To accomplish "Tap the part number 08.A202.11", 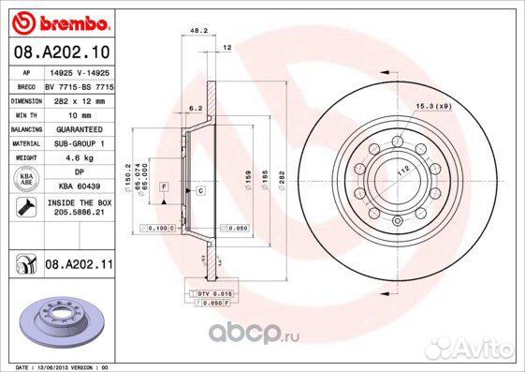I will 79,266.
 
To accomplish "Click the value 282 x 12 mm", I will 74,98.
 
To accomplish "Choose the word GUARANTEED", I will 80,128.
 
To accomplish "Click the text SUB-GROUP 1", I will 78,143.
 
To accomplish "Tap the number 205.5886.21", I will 78,213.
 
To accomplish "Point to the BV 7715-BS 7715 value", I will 79,84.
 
